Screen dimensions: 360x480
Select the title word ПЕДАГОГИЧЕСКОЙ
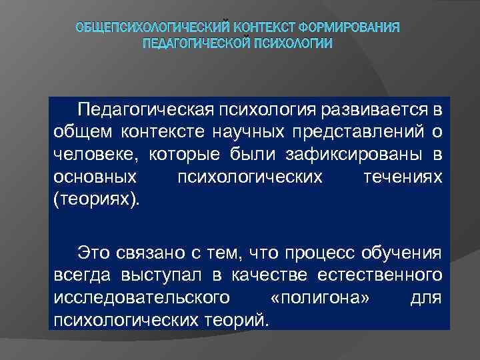[x=197, y=44]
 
